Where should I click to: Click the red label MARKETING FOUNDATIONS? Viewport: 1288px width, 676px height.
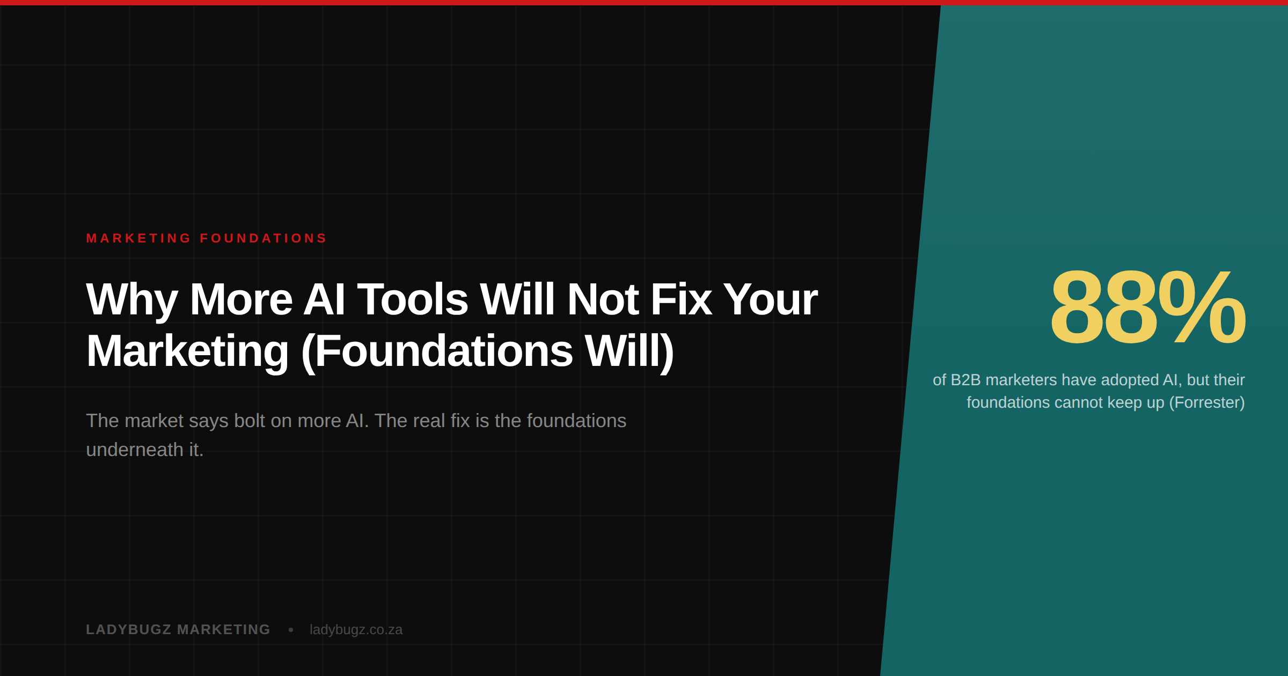[206, 238]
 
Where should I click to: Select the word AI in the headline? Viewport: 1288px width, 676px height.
[324, 299]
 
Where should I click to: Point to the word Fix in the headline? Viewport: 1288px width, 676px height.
[681, 299]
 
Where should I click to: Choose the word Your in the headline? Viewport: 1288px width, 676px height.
[770, 299]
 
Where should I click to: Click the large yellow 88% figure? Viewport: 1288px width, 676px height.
[1148, 307]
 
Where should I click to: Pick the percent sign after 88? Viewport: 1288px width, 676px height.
[1202, 307]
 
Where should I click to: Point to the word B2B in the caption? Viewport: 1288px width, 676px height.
[965, 380]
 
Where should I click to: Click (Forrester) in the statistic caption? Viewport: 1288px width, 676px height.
[1207, 403]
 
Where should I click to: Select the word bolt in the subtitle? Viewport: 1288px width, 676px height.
[250, 421]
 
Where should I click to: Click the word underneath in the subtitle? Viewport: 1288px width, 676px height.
[135, 450]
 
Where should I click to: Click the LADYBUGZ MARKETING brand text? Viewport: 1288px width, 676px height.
[178, 629]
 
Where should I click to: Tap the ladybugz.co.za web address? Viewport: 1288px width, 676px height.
[356, 630]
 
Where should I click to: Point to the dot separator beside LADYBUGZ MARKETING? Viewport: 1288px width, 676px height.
[291, 630]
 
